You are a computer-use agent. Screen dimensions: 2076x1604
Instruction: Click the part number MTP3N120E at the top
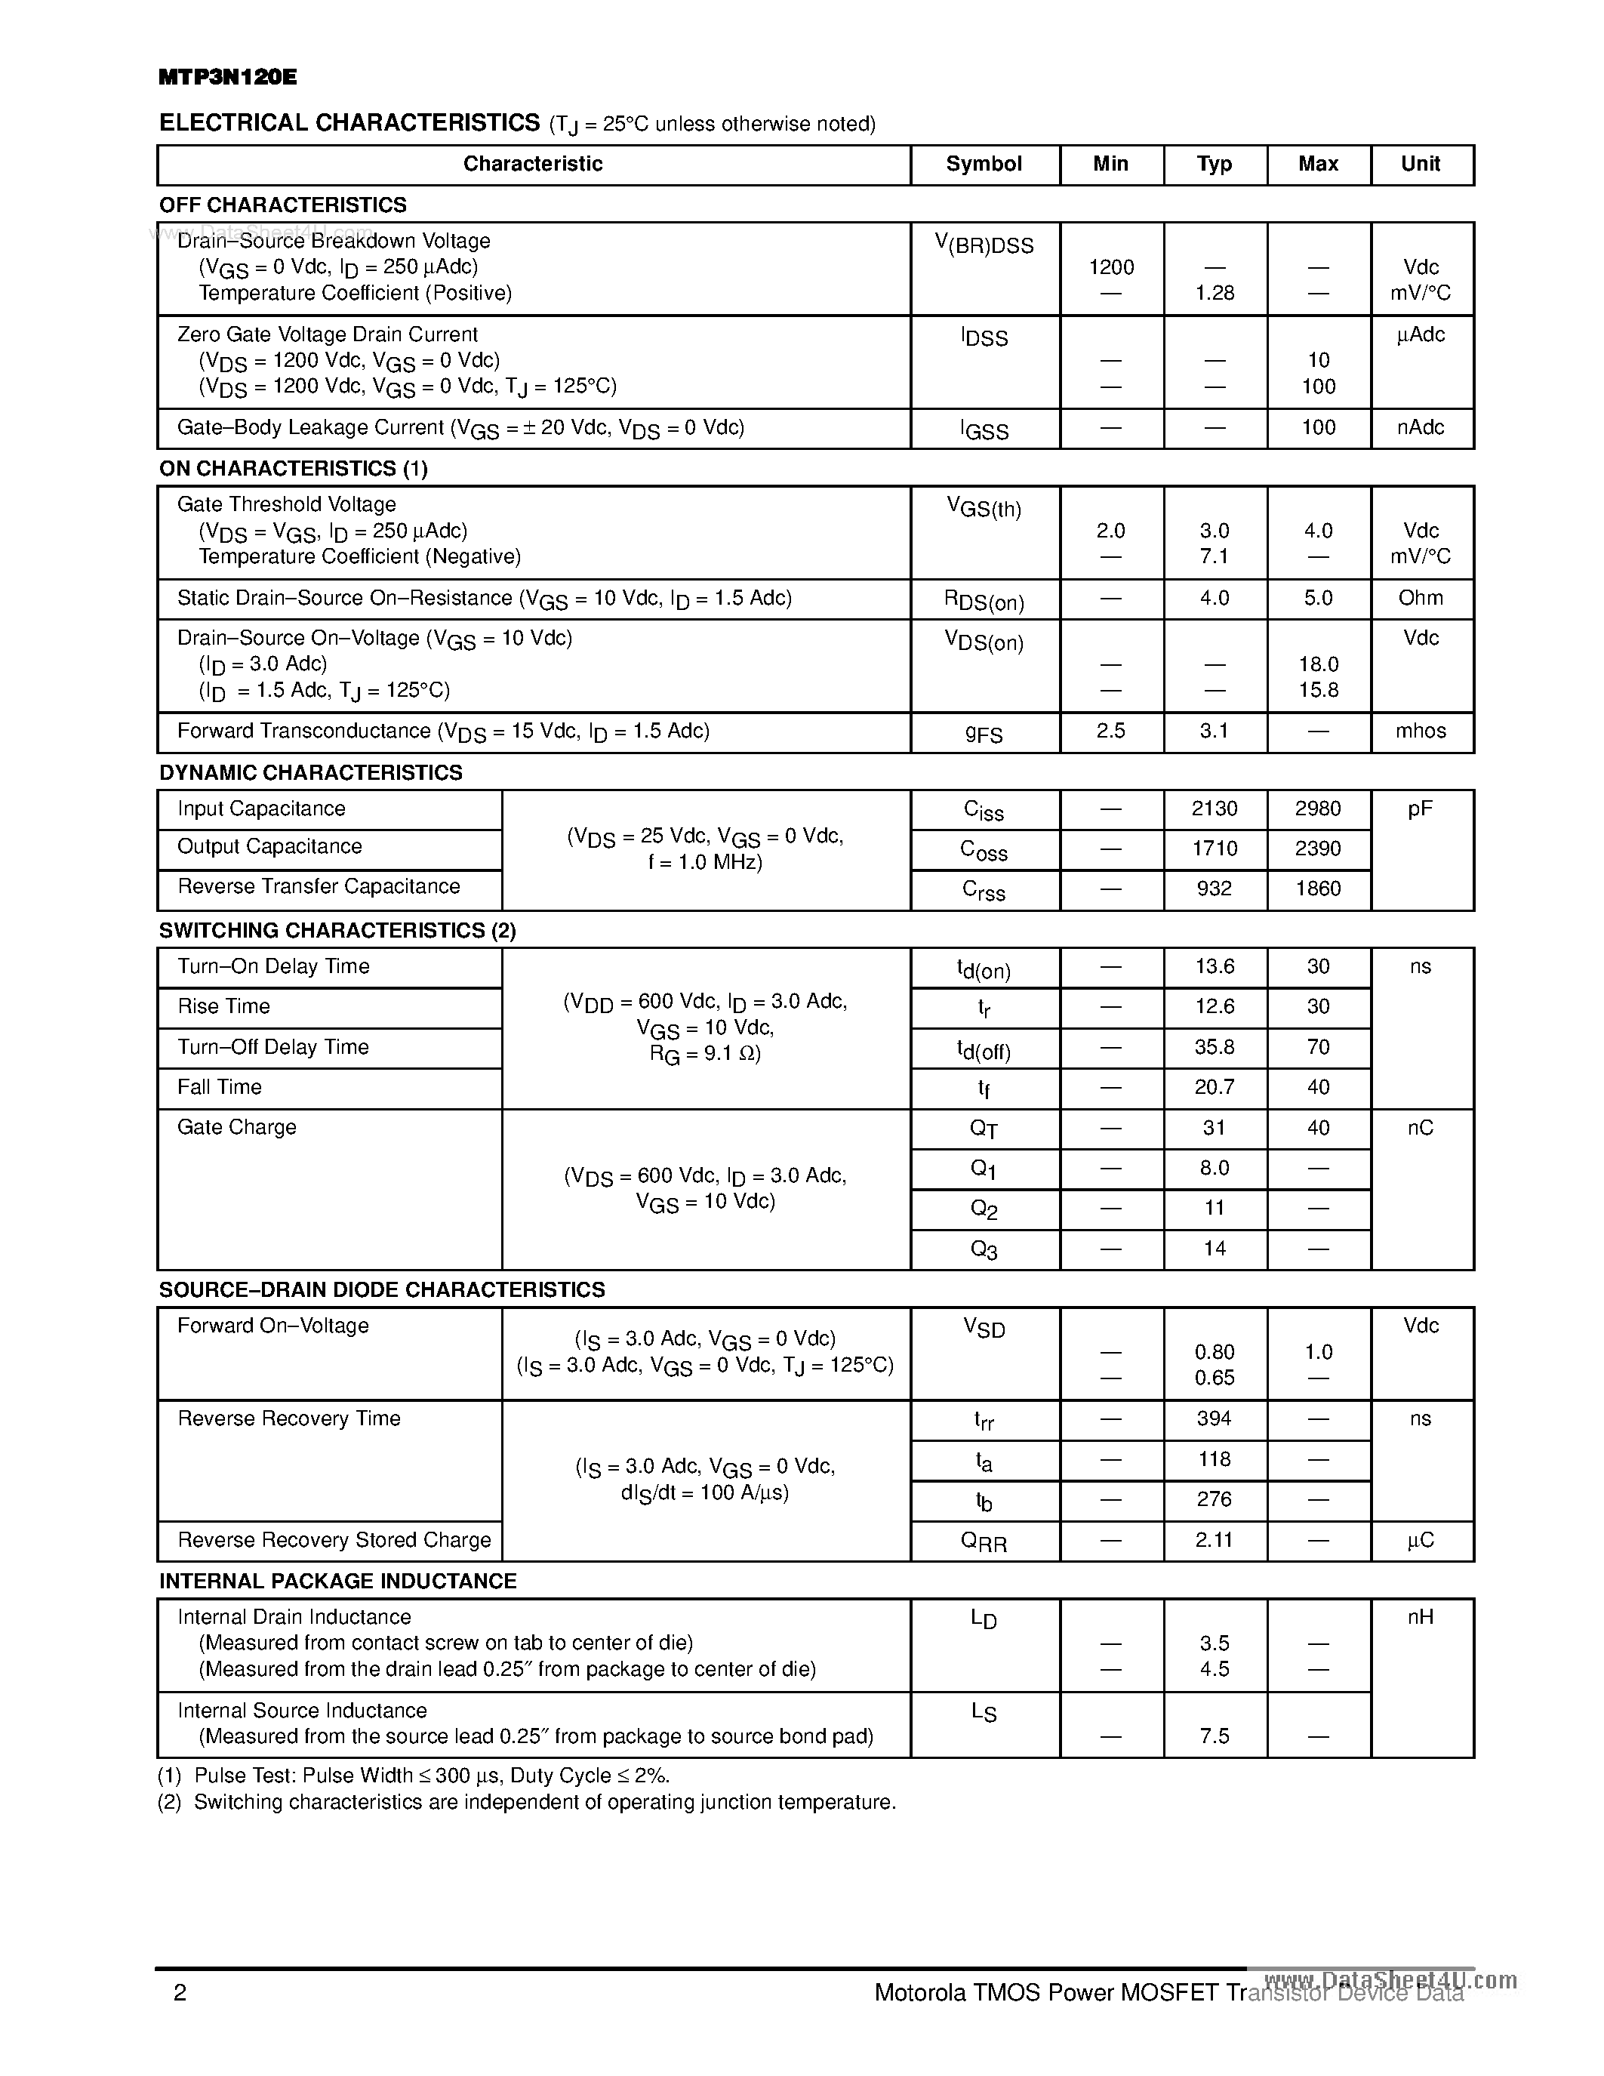tap(227, 78)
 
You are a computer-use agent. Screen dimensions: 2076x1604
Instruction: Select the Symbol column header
tap(984, 164)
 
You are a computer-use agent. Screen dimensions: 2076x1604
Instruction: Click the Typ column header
tap(1214, 164)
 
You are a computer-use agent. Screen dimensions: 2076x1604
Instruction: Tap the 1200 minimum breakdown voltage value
tap(1111, 267)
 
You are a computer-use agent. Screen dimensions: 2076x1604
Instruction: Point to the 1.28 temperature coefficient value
tap(1215, 293)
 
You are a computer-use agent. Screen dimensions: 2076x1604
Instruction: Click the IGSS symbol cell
tap(984, 430)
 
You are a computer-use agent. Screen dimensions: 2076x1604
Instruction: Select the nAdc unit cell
tap(1420, 428)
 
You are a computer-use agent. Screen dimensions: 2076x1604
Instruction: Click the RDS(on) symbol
tap(984, 601)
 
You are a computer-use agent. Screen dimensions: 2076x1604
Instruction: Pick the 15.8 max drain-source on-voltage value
tap(1318, 690)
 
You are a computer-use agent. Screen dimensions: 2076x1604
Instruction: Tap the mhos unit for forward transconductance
tap(1420, 731)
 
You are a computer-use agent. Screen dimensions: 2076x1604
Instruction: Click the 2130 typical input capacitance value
tap(1214, 809)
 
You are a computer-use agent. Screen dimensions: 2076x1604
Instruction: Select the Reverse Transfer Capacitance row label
tap(319, 887)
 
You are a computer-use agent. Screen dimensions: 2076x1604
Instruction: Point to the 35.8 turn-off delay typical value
tap(1214, 1046)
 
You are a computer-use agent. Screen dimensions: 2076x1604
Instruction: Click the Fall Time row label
tap(220, 1086)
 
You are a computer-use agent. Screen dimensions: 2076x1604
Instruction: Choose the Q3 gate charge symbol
tap(984, 1250)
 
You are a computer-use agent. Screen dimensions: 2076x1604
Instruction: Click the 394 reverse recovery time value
tap(1214, 1418)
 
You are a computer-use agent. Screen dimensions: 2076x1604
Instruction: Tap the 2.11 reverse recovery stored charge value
tap(1214, 1540)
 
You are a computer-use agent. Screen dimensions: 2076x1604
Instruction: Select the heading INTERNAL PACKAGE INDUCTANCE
tap(337, 1581)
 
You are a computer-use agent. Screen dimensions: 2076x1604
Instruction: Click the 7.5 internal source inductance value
tap(1214, 1736)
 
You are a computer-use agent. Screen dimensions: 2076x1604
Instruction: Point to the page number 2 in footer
tap(180, 1992)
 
